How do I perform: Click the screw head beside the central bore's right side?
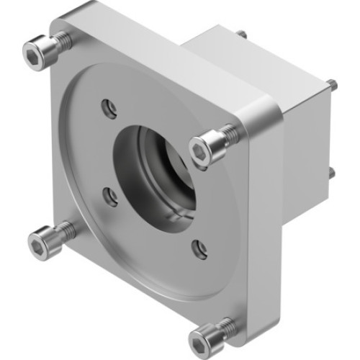203,148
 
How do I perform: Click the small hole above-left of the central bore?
109,109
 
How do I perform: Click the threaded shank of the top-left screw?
63,42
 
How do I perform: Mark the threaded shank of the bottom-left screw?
66,230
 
